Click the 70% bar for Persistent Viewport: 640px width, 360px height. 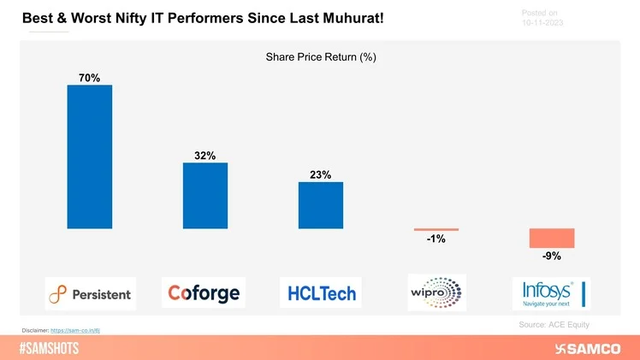pos(90,156)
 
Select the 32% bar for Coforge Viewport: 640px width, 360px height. pos(205,195)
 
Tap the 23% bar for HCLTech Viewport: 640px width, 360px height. pos(321,205)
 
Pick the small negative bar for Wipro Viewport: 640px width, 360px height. pos(436,229)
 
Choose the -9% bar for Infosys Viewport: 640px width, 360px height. pos(551,238)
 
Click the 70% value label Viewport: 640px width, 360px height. pos(89,78)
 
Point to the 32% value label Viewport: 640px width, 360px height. pos(205,156)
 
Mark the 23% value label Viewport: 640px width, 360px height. pos(321,175)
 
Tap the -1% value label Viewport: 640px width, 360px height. pos(436,239)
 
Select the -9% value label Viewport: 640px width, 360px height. pos(551,256)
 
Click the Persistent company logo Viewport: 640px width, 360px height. pos(90,293)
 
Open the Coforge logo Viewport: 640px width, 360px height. pos(204,292)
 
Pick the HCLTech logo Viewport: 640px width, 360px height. pos(320,292)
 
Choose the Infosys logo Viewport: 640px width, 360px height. pos(549,292)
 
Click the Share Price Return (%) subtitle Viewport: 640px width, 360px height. pos(321,57)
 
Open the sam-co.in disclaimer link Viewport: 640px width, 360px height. pos(75,329)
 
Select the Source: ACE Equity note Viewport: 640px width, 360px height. pos(554,325)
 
